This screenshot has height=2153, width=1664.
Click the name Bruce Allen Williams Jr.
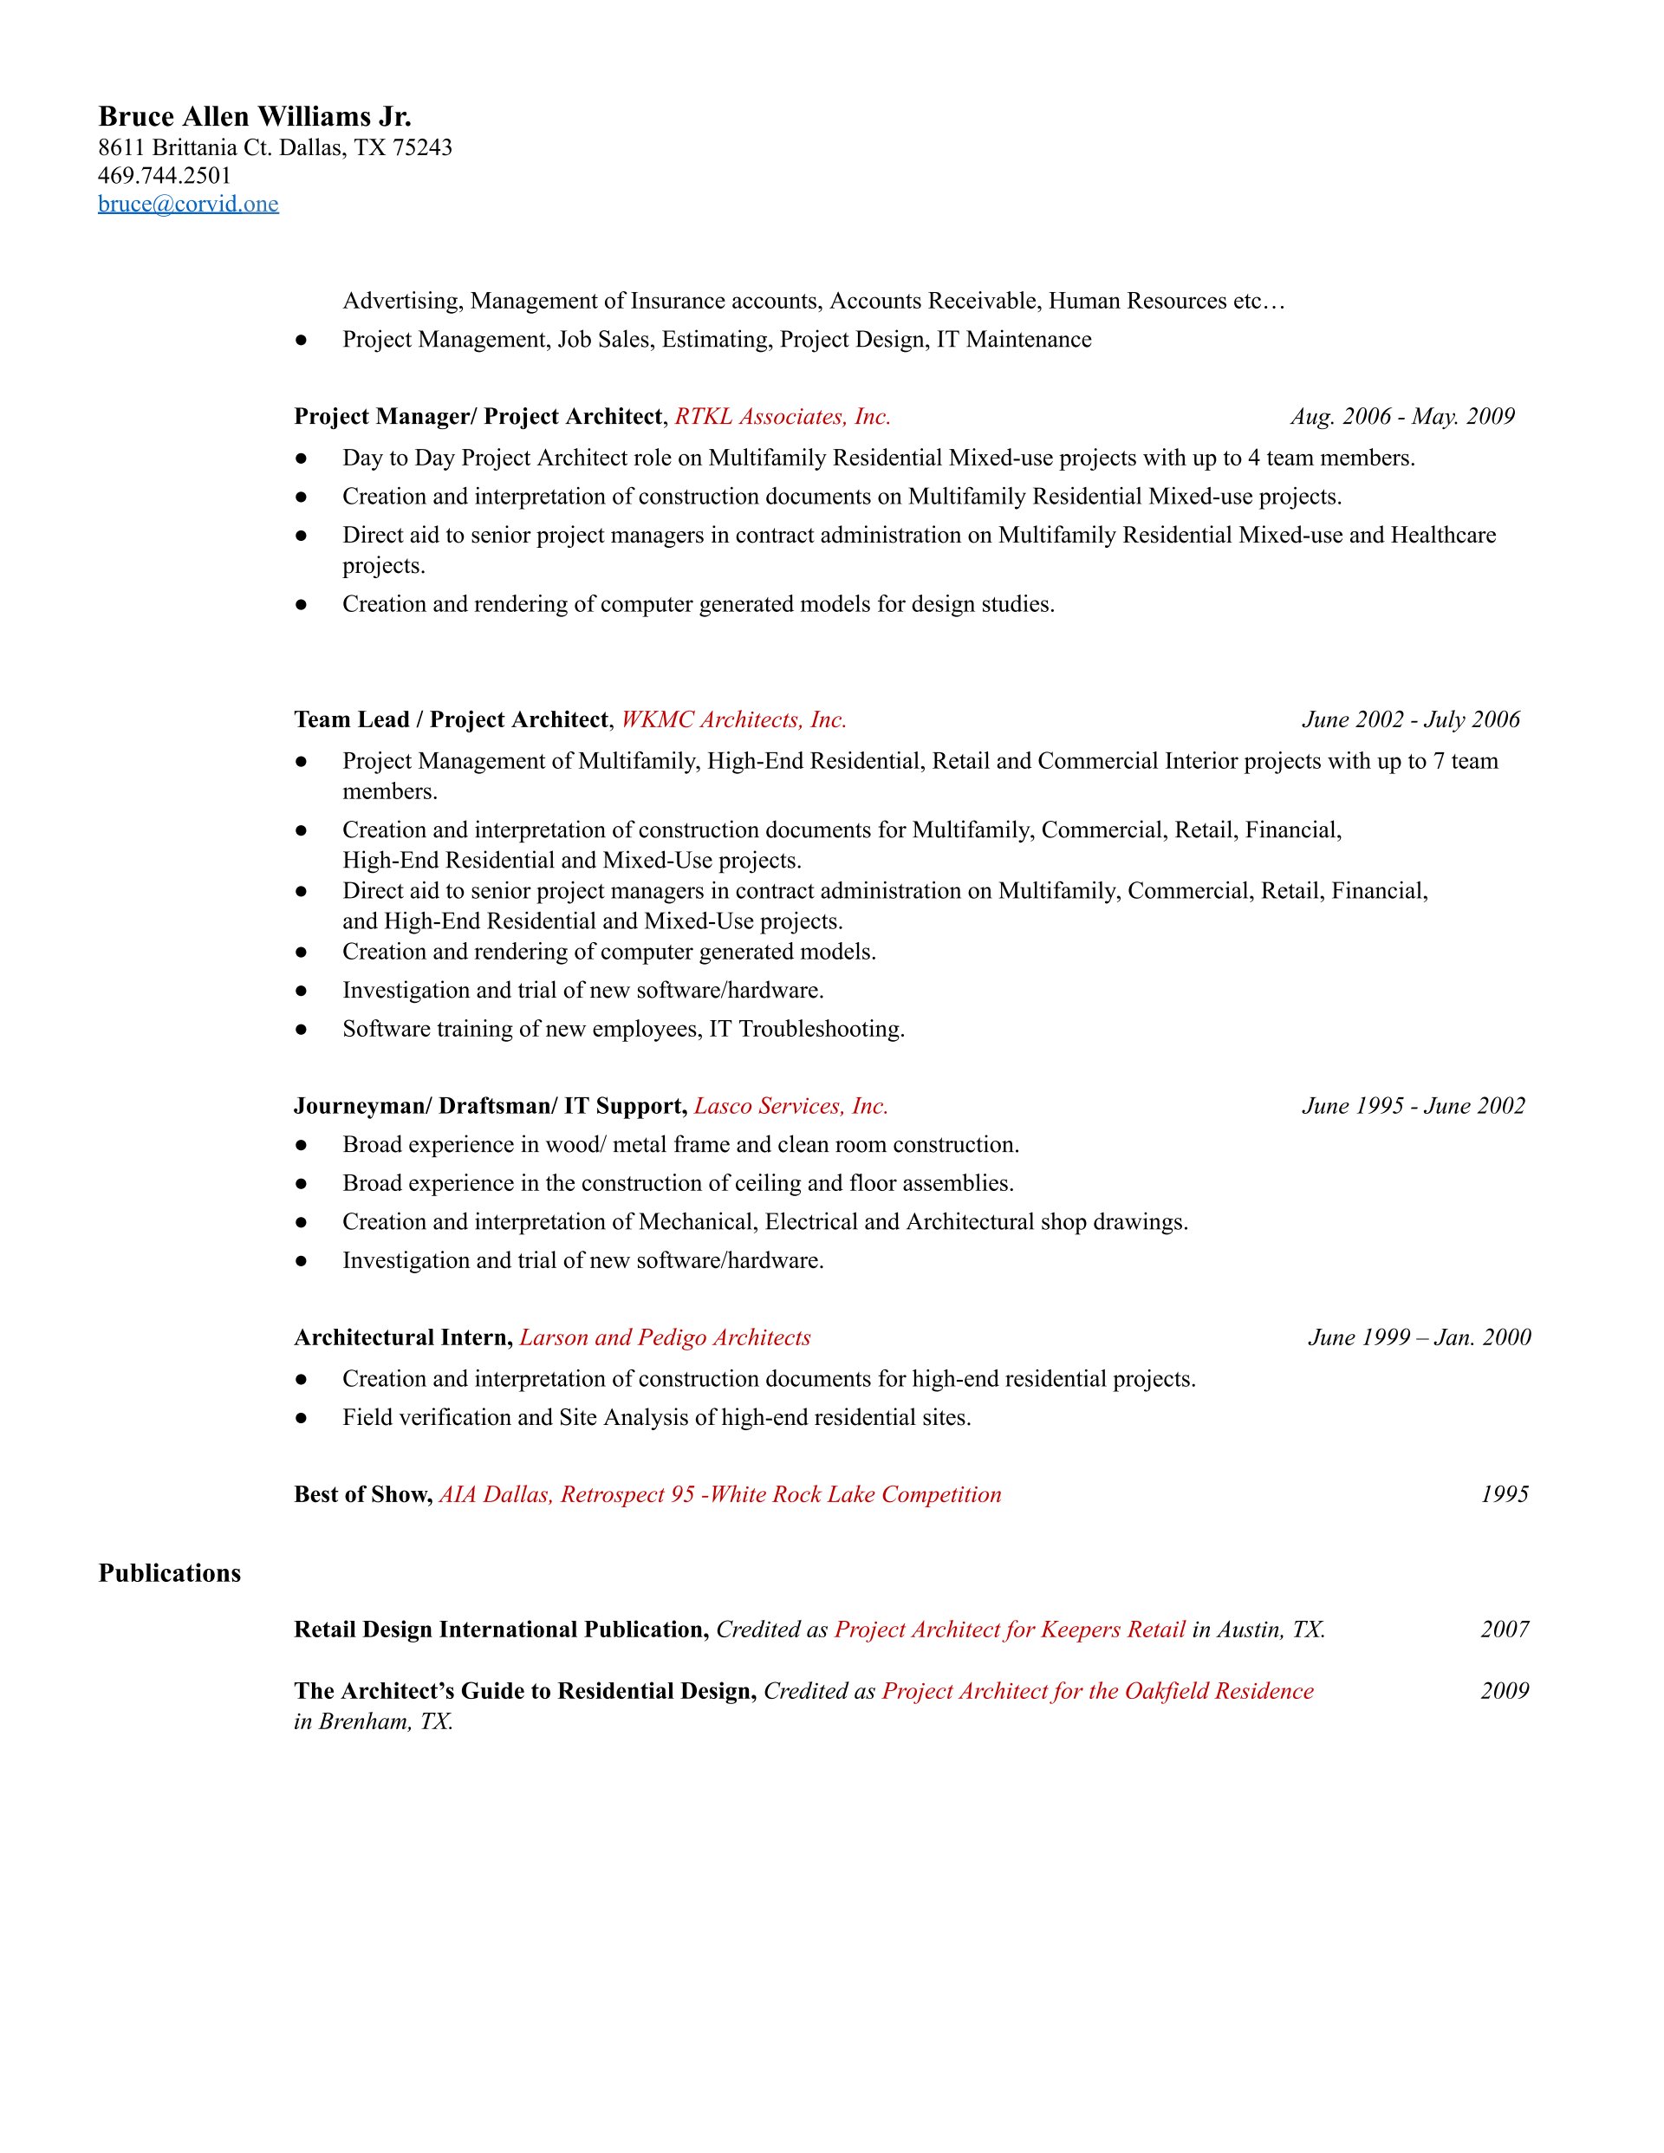(x=254, y=117)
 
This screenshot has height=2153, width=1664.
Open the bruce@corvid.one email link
(x=188, y=204)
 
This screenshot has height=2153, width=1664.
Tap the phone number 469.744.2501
(x=165, y=175)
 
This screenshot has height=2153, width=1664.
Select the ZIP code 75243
(x=422, y=148)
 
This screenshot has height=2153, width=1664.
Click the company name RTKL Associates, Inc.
(x=783, y=417)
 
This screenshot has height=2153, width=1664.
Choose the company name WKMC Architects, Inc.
(x=733, y=719)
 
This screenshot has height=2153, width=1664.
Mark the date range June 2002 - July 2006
(x=1411, y=719)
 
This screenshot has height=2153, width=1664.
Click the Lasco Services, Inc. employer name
(x=790, y=1106)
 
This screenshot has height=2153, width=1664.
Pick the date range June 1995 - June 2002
(x=1413, y=1106)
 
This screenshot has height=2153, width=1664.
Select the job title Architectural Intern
(x=402, y=1337)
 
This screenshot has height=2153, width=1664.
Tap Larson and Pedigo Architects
(x=665, y=1337)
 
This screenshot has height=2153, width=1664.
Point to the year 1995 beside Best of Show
(x=1505, y=1494)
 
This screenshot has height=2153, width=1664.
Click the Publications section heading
(x=170, y=1573)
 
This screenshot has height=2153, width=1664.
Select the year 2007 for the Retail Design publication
(x=1505, y=1629)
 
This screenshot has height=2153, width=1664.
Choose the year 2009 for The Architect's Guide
(x=1505, y=1692)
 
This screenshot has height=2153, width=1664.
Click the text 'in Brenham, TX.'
(x=374, y=1722)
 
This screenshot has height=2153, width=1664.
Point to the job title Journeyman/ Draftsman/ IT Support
(x=490, y=1106)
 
